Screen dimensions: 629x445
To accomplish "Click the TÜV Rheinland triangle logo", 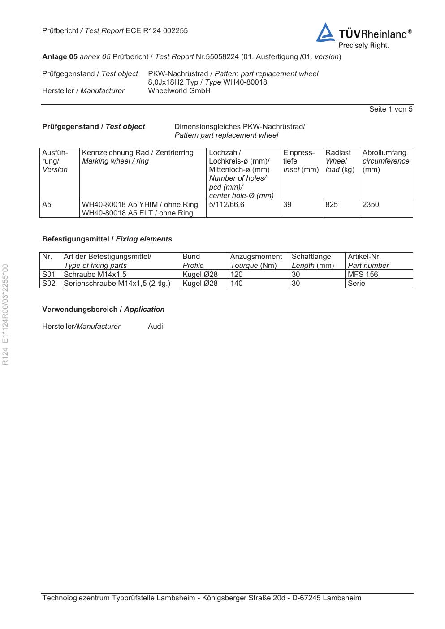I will pyautogui.click(x=325, y=34).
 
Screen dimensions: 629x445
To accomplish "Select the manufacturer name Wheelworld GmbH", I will pyautogui.click(x=179, y=91).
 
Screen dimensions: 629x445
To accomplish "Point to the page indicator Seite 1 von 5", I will pyautogui.click(x=390, y=109).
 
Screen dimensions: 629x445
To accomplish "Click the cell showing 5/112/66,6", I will pyautogui.click(x=227, y=205).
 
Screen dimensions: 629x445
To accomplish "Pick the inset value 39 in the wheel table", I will pyautogui.click(x=287, y=205).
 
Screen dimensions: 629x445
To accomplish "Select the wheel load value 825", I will pyautogui.click(x=332, y=205).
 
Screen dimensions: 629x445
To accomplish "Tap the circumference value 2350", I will pyautogui.click(x=371, y=205).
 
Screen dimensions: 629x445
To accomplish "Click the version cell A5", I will pyautogui.click(x=47, y=205).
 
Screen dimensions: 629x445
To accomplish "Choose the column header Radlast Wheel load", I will pyautogui.click(x=340, y=161).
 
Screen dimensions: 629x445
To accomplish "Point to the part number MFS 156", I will pyautogui.click(x=363, y=275).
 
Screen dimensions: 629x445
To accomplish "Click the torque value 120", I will pyautogui.click(x=236, y=275).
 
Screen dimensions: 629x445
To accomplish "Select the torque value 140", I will pyautogui.click(x=236, y=284).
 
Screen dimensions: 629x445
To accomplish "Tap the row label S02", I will pyautogui.click(x=49, y=284).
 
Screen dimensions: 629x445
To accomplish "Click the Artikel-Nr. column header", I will pyautogui.click(x=364, y=257).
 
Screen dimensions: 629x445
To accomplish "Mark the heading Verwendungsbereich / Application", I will pyautogui.click(x=103, y=310).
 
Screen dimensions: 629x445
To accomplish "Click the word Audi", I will pyautogui.click(x=155, y=327).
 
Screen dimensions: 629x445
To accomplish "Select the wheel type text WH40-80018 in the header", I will pyautogui.click(x=245, y=82).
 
